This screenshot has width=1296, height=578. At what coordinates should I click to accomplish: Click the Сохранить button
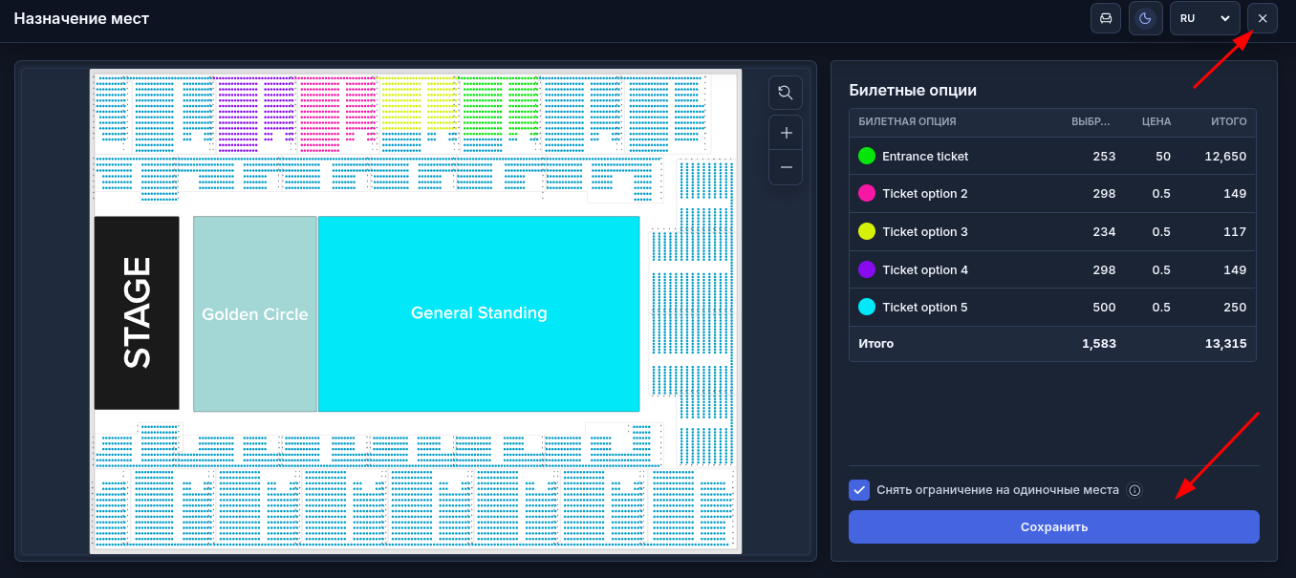(x=1053, y=526)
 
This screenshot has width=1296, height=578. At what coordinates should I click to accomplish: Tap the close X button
(x=1263, y=18)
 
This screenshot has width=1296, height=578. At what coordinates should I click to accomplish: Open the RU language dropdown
(x=1204, y=18)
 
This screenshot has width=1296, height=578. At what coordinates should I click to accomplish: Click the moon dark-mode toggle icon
(x=1145, y=18)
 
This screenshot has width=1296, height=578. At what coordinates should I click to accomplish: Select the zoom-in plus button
(x=786, y=133)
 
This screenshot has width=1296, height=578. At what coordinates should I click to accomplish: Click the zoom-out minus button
(x=786, y=168)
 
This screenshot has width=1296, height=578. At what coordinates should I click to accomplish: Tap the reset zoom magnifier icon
(x=786, y=93)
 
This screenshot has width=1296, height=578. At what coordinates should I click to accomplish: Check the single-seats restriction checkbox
(x=859, y=490)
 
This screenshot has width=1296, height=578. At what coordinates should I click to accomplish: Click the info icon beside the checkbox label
(x=1134, y=491)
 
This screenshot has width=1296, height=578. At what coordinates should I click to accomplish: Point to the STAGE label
(x=137, y=313)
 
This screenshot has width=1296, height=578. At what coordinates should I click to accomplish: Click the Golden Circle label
(x=254, y=314)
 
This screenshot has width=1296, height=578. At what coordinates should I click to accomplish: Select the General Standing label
(x=479, y=313)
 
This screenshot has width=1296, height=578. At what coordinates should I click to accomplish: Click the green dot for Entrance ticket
(x=867, y=157)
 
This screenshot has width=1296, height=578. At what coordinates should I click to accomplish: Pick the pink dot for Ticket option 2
(x=867, y=193)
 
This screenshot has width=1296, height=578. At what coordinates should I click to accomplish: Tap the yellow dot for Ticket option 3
(x=867, y=231)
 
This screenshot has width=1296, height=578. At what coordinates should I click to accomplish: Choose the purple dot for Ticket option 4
(x=867, y=269)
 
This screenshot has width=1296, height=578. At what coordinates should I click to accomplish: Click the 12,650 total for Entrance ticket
(x=1225, y=157)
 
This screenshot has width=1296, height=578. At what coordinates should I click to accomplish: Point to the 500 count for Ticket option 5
(x=1104, y=308)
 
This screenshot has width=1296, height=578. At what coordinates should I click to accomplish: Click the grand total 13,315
(x=1225, y=344)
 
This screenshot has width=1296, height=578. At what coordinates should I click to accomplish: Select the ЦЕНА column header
(x=1156, y=121)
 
